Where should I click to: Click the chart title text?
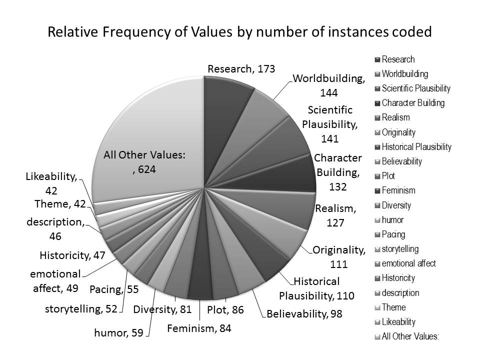pyautogui.click(x=239, y=33)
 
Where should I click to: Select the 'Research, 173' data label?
pyautogui.click(x=241, y=69)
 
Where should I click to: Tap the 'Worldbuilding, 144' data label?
pyautogui.click(x=329, y=85)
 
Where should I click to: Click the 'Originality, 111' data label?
pyautogui.click(x=339, y=256)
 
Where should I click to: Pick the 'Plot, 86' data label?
pyautogui.click(x=225, y=310)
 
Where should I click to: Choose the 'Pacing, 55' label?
pyautogui.click(x=114, y=289)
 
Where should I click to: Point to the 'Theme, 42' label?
pyautogui.click(x=60, y=203)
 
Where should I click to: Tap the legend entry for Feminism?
pyautogui.click(x=398, y=190)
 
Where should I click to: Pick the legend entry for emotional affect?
pyautogui.click(x=408, y=263)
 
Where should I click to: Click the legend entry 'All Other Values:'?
pyautogui.click(x=410, y=336)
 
